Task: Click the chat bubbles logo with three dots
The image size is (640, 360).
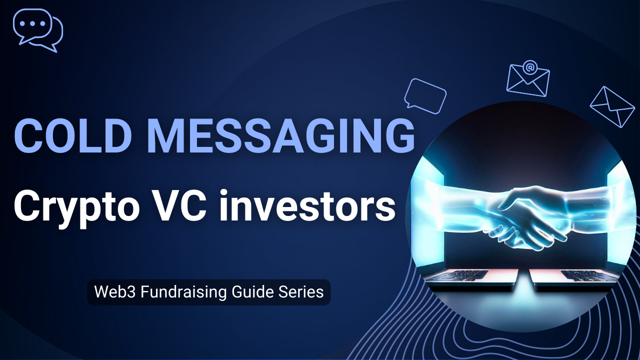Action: click(37, 30)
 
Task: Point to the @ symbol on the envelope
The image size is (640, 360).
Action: click(529, 66)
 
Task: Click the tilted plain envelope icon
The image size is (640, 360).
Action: click(612, 106)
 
